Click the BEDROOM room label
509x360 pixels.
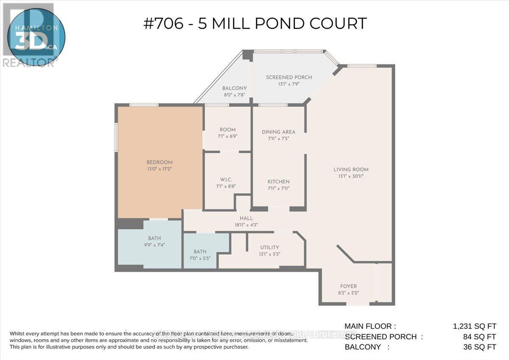pos(159,162)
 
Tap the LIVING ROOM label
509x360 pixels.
pos(351,170)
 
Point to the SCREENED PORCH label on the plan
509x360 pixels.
pos(289,77)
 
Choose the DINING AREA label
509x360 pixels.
pos(278,132)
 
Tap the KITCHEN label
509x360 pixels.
pos(278,181)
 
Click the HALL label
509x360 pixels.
pos(246,218)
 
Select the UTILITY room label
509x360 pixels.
pos(270,247)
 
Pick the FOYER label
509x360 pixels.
pos(349,286)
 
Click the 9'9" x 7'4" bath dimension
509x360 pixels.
pos(154,245)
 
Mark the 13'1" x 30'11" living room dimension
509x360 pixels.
pos(351,176)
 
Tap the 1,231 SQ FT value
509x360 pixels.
pos(474,326)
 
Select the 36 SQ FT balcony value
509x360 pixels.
pos(479,347)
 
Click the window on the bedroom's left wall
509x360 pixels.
pos(116,137)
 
